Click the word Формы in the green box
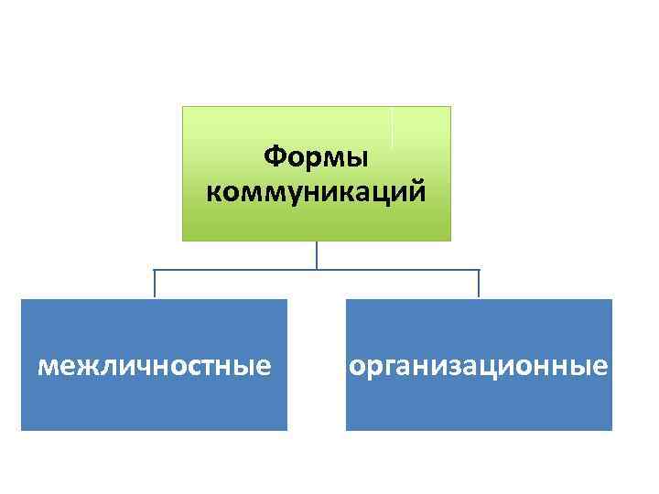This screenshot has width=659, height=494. tap(316, 158)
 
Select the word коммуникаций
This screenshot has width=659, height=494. tap(316, 193)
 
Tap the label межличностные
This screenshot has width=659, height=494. tap(154, 367)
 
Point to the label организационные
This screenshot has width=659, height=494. tap(478, 367)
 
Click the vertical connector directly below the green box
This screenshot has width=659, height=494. tap(317, 255)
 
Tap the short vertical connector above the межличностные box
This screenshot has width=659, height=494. tap(155, 284)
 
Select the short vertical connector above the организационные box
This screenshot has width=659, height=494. tap(479, 284)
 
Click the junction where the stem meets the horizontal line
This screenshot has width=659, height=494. tap(317, 270)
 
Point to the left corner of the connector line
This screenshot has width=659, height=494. tap(155, 270)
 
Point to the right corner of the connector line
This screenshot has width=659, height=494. tap(479, 270)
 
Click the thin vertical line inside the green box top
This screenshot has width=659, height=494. tap(392, 128)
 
